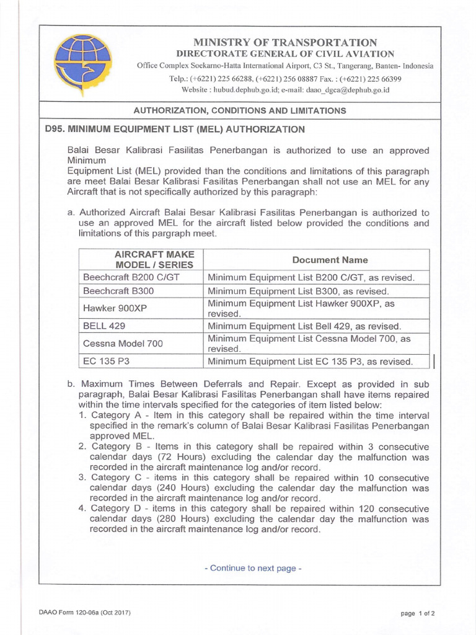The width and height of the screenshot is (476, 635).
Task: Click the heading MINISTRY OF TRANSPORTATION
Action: pyautogui.click(x=285, y=42)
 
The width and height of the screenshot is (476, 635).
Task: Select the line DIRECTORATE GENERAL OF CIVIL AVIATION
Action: pyautogui.click(x=285, y=54)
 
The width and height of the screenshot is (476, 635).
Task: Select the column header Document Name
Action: pyautogui.click(x=321, y=260)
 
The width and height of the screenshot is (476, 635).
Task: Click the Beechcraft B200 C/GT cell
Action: pyautogui.click(x=131, y=277)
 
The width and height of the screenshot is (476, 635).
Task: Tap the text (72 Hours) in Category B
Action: pyautogui.click(x=157, y=456)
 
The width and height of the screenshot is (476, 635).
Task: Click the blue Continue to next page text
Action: pyautogui.click(x=253, y=568)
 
